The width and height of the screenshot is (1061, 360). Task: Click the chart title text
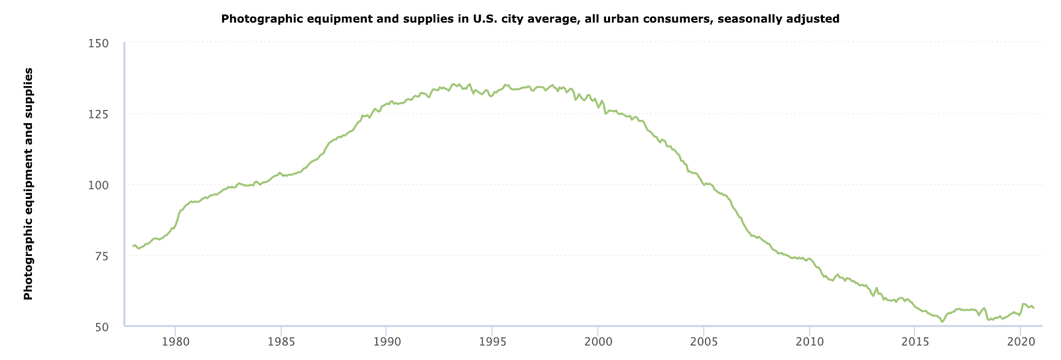tap(530, 19)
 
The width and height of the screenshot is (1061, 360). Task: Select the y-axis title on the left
tap(28, 184)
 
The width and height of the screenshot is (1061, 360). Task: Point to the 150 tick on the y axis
tap(98, 43)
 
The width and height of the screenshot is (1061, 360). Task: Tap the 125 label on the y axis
tap(98, 114)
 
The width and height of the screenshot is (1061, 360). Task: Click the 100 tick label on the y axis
tap(98, 185)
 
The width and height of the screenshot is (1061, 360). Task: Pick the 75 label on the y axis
tap(101, 256)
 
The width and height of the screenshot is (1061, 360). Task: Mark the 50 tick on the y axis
tap(101, 327)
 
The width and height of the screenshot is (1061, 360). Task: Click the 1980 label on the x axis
tap(175, 342)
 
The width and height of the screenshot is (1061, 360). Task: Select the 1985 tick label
tap(281, 342)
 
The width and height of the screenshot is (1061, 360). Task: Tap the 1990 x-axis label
tap(387, 342)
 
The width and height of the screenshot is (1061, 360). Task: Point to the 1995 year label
tap(492, 342)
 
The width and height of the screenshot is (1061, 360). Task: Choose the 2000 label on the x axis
tap(598, 342)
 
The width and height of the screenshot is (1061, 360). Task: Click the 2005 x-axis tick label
tap(704, 342)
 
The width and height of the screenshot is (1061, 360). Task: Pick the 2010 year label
tap(809, 342)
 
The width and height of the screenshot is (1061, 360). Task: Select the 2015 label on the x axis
tap(914, 342)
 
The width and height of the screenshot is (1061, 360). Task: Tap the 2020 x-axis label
tap(1021, 342)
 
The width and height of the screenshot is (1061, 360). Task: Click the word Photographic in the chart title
tap(255, 19)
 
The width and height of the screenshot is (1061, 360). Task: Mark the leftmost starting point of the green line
tap(133, 246)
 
